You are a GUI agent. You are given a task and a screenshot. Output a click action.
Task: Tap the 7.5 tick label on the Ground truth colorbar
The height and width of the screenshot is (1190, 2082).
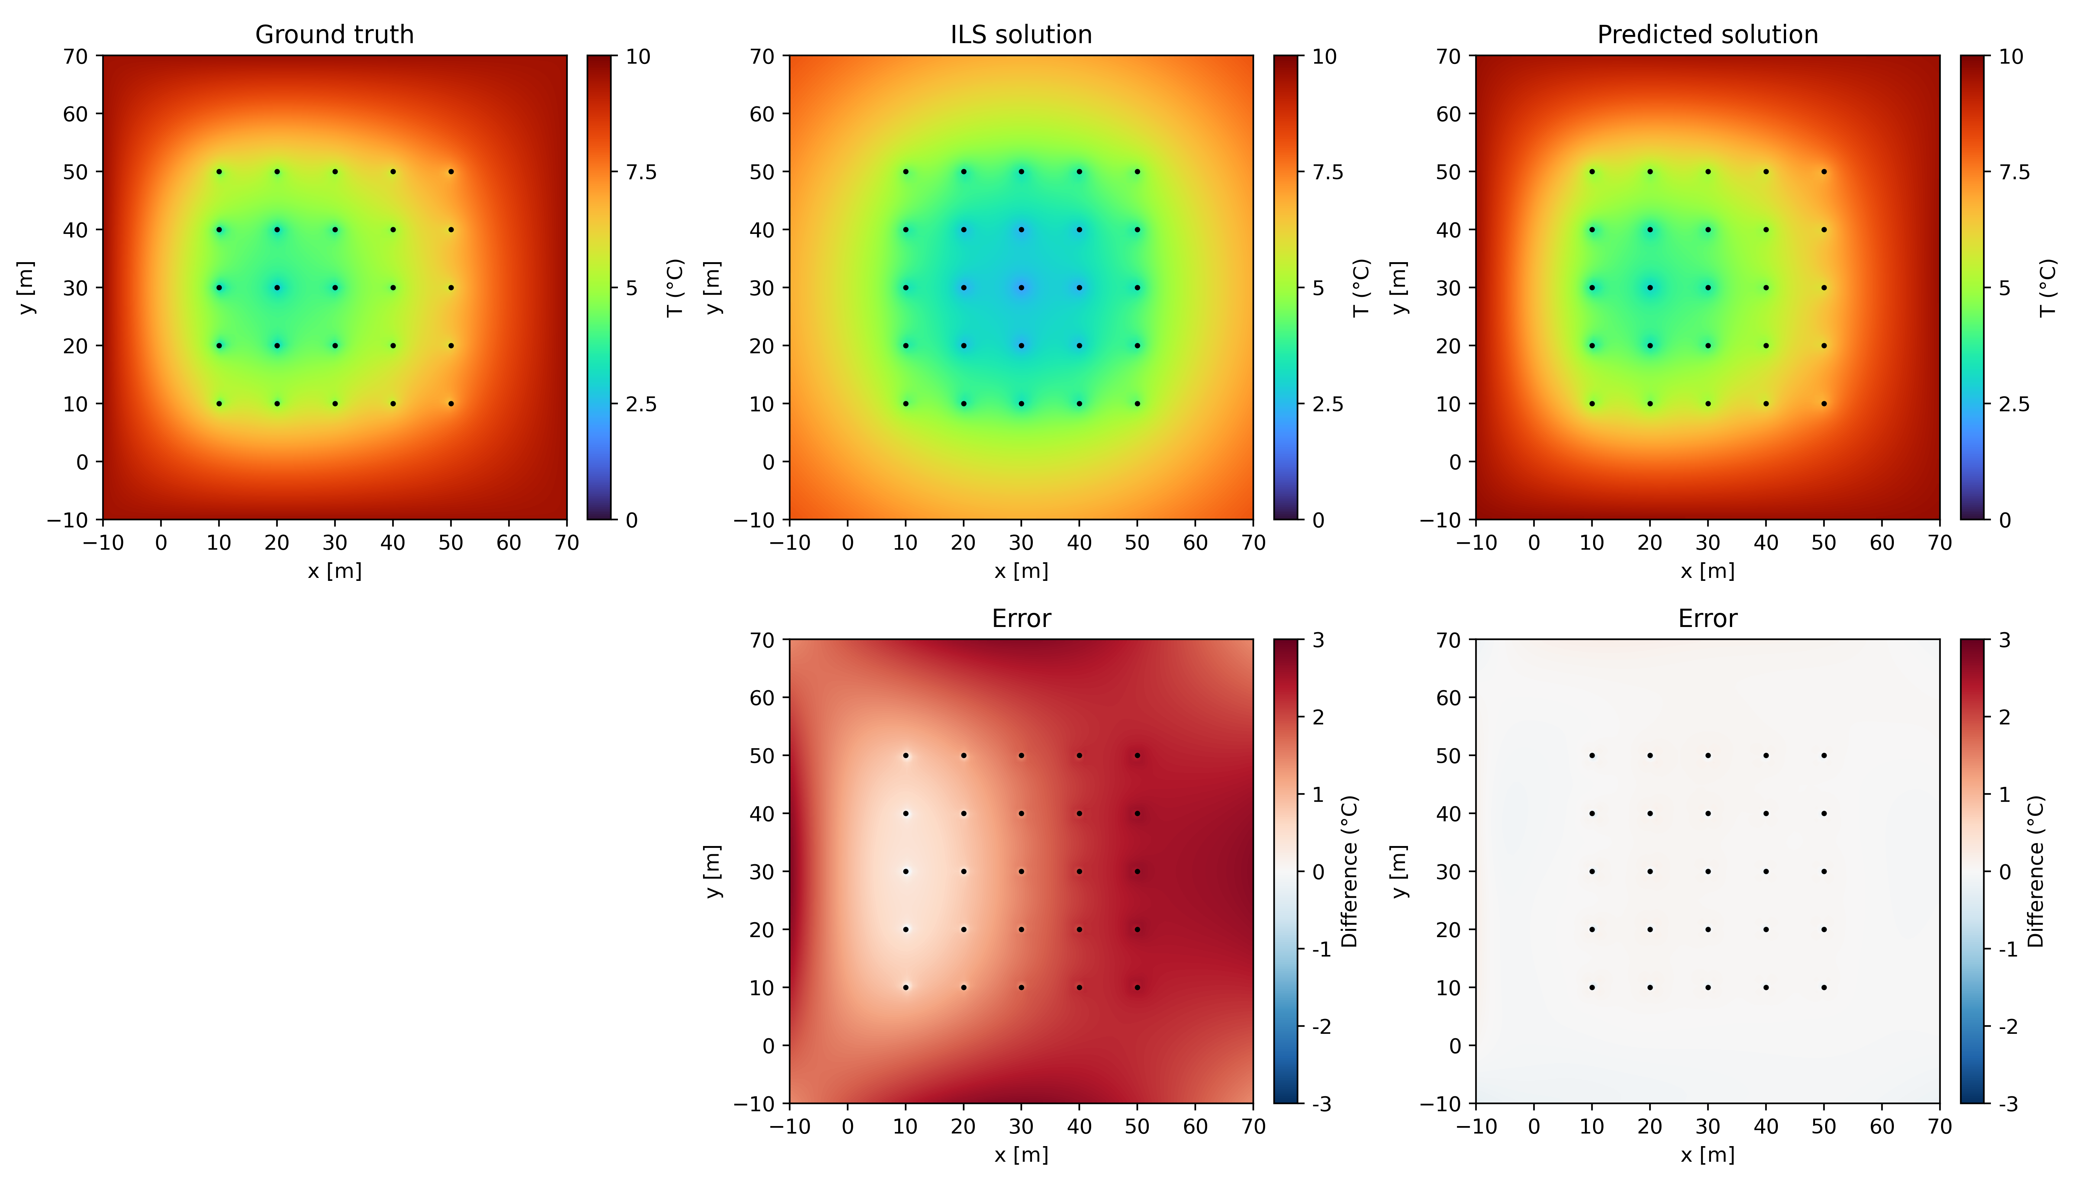(641, 173)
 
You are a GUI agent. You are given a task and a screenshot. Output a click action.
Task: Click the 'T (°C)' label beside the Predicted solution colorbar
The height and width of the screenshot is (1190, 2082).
(2047, 288)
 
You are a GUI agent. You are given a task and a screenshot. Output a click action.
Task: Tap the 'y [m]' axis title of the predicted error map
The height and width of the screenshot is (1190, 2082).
(1400, 871)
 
